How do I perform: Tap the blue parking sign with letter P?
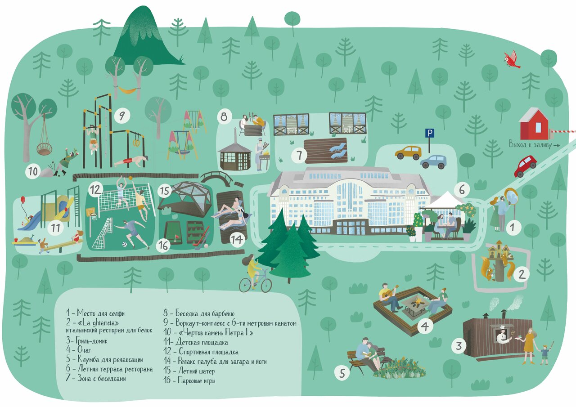(x=430, y=133)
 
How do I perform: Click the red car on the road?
(x=525, y=165)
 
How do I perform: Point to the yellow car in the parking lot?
(x=408, y=152)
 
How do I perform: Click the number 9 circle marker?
(x=121, y=116)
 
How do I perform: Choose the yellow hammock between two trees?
(x=126, y=90)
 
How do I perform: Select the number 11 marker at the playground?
(x=56, y=228)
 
